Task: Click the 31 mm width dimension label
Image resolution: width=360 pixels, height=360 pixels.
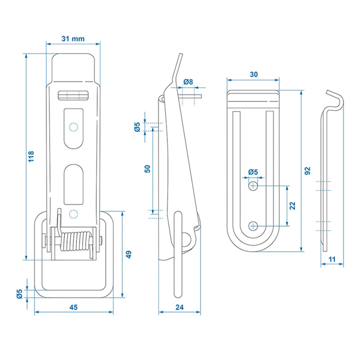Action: (x=73, y=39)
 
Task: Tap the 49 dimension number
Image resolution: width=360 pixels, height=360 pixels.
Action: (x=128, y=254)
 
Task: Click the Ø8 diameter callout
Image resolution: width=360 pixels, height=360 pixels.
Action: (x=188, y=82)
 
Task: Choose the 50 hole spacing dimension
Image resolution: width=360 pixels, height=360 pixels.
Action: (x=147, y=169)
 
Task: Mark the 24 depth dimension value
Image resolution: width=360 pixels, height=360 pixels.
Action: (x=180, y=307)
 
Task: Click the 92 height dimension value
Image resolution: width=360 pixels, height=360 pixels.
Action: (x=307, y=170)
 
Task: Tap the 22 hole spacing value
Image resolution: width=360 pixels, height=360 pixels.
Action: (x=292, y=205)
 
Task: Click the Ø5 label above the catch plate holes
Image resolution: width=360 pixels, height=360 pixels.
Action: (x=253, y=172)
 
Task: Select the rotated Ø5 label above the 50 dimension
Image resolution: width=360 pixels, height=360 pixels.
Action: (x=137, y=127)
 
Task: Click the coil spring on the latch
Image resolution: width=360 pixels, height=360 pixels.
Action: (x=76, y=244)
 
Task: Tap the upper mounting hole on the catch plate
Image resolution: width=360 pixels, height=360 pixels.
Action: (x=253, y=185)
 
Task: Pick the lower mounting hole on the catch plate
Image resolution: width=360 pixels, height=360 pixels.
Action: (x=253, y=225)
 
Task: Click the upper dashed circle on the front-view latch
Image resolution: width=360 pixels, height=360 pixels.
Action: (x=73, y=127)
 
